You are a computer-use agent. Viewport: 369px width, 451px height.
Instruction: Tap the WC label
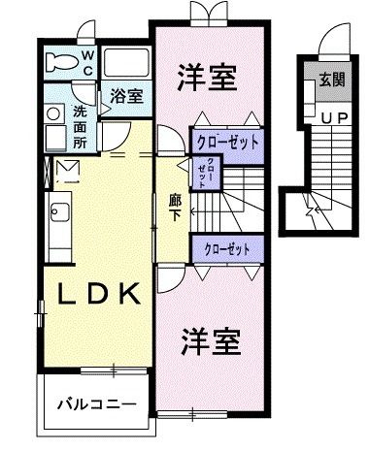[86, 63]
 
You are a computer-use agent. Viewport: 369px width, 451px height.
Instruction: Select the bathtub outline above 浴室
[124, 65]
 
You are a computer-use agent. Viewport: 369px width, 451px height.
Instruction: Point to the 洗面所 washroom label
[81, 125]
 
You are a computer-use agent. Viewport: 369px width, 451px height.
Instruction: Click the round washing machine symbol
[53, 113]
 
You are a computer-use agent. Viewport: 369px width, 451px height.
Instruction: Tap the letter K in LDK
[132, 292]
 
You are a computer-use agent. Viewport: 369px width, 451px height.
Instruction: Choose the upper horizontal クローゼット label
[228, 142]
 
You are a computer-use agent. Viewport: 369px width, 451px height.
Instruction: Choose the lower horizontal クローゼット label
[228, 249]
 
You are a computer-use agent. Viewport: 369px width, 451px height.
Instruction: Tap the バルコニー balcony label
[94, 402]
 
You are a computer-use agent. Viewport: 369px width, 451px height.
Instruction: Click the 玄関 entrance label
[331, 81]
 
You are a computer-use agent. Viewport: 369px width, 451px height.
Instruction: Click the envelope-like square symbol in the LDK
[69, 173]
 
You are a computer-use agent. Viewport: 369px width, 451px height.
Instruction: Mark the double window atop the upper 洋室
[208, 15]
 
